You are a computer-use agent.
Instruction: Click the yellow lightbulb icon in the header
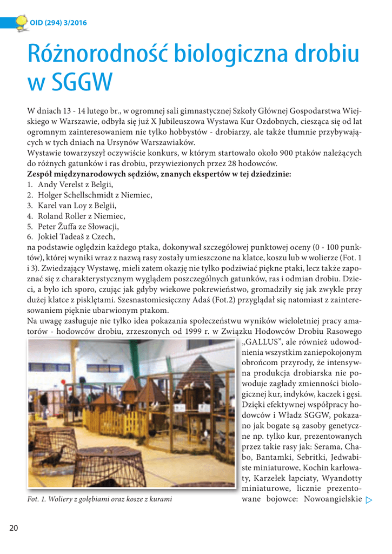(x=21, y=21)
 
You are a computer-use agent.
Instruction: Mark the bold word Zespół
(x=42, y=175)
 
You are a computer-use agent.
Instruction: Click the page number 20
(x=12, y=527)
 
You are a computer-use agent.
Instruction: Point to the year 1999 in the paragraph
(x=206, y=332)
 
